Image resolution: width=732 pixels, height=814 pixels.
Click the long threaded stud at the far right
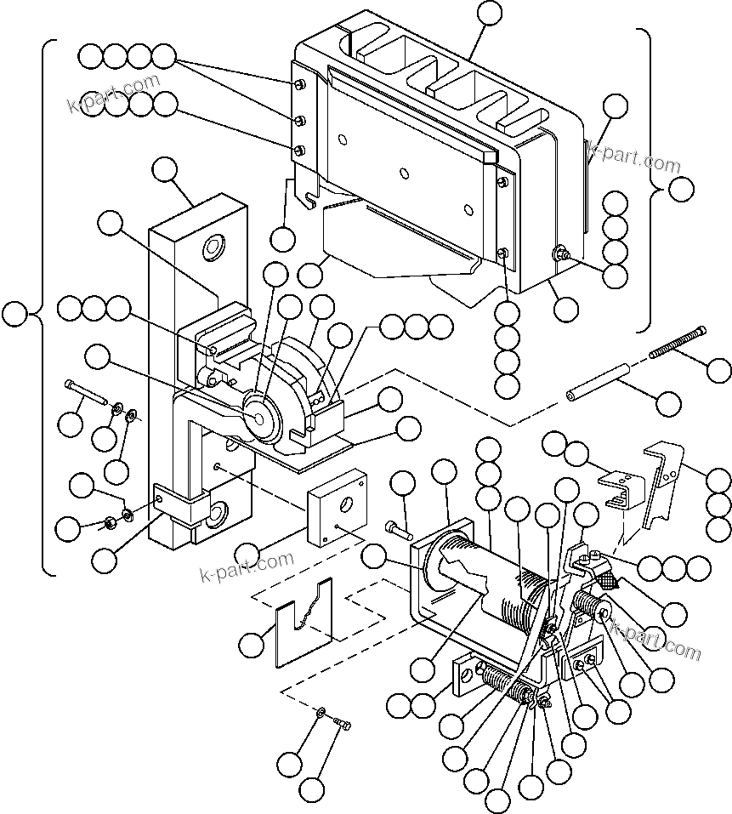678,342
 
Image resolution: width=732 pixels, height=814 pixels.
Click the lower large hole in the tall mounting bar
214,511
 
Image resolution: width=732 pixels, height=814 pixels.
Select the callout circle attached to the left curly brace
14,314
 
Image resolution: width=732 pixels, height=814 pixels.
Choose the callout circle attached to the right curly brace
681,190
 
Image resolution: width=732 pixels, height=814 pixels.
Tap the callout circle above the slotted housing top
490,13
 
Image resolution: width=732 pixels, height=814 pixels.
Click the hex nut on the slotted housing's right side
560,253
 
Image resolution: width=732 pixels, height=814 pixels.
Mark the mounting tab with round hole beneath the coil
464,675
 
